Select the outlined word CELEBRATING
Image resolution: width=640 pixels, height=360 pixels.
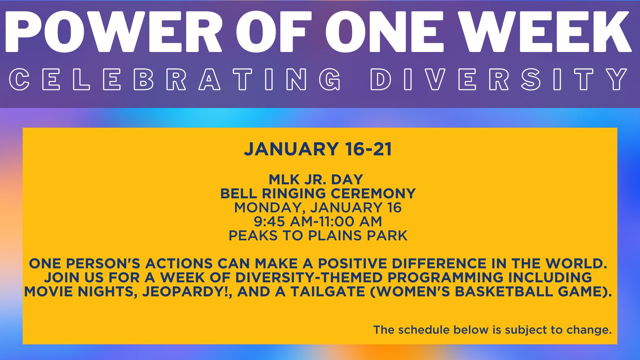(175, 79)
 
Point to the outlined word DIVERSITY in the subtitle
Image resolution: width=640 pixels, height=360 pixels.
(499, 79)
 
